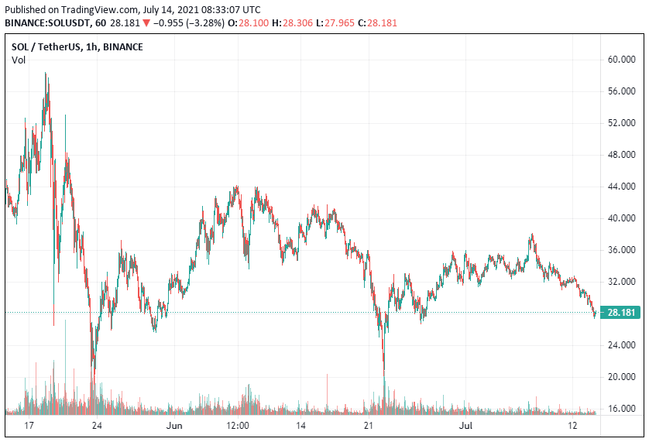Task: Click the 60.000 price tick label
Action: click(x=623, y=60)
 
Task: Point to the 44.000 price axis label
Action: click(x=623, y=187)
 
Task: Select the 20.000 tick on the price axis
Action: click(x=623, y=377)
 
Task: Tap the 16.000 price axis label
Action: click(x=623, y=409)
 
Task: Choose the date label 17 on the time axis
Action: click(x=29, y=427)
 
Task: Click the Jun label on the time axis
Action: click(x=174, y=427)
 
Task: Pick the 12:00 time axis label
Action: click(x=237, y=427)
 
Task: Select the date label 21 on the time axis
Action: click(x=369, y=427)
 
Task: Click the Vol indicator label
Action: click(x=18, y=60)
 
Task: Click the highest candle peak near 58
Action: click(x=46, y=74)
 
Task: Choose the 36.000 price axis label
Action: click(x=623, y=250)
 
